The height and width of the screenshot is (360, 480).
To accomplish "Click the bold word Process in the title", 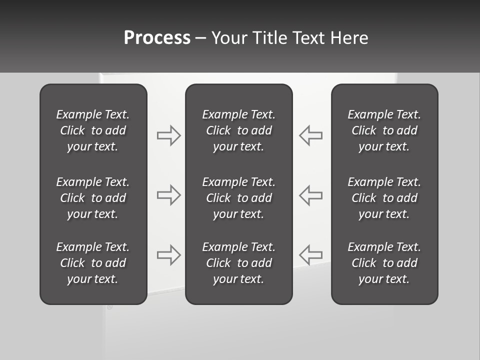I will [x=157, y=38].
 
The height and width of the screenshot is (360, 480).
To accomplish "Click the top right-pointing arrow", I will [x=168, y=135].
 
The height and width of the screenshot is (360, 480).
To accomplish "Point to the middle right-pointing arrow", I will [x=168, y=195].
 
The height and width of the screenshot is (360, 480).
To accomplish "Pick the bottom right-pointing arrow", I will [x=168, y=254].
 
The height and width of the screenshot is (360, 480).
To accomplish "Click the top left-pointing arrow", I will [x=311, y=135].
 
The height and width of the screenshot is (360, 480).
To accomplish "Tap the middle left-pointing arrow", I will [x=311, y=195].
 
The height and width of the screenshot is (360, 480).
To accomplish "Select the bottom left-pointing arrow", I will [x=311, y=254].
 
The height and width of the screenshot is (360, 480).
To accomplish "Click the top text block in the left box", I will [x=93, y=130].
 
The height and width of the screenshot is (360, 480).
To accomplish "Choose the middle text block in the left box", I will [x=93, y=198].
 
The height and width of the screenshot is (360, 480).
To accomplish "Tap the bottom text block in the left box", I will [x=93, y=263].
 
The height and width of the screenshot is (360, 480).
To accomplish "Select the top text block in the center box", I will [x=238, y=130].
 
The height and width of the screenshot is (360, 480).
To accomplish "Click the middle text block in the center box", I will [x=238, y=198].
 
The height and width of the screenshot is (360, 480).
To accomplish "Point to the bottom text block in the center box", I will [x=238, y=263].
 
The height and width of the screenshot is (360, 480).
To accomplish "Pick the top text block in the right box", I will [x=384, y=130].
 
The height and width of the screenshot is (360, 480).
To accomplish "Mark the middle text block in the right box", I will [x=384, y=198].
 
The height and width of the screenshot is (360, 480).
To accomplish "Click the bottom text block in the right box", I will [x=384, y=263].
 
